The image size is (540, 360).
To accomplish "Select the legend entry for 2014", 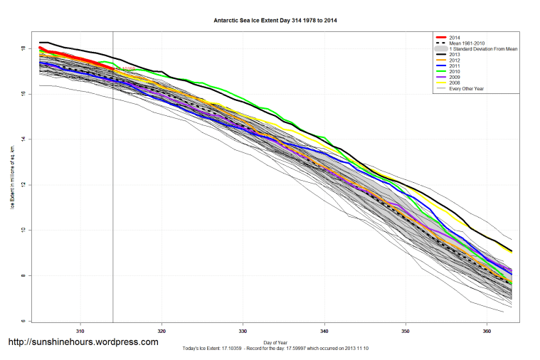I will pos(455,36).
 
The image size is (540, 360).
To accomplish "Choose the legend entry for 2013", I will pos(455,53).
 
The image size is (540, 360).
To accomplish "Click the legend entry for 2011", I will pos(455,65).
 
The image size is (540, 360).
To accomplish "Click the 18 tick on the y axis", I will pos(23,48).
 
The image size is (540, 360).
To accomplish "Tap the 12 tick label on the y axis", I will pos(23,185).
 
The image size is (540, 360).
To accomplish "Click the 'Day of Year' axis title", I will pos(275,342).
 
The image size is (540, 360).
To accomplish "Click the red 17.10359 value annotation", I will pos(126,69).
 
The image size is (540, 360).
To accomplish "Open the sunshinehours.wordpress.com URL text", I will pos(83,342).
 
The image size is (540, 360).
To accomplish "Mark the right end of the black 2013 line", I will pos(512,251).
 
